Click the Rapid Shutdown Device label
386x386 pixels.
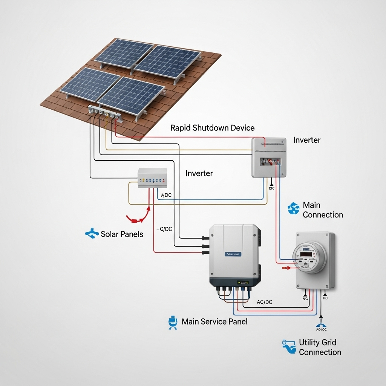[212, 128]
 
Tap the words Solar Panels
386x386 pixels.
[122, 234]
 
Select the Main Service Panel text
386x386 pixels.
[214, 322]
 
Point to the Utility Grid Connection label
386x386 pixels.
[320, 347]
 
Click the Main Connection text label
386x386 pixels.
[323, 210]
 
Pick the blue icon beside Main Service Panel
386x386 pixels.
[172, 322]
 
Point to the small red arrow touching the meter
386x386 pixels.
[287, 268]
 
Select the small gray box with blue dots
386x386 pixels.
[152, 178]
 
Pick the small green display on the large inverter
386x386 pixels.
[242, 282]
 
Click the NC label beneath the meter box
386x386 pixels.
[305, 299]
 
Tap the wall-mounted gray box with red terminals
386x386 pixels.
[268, 157]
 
